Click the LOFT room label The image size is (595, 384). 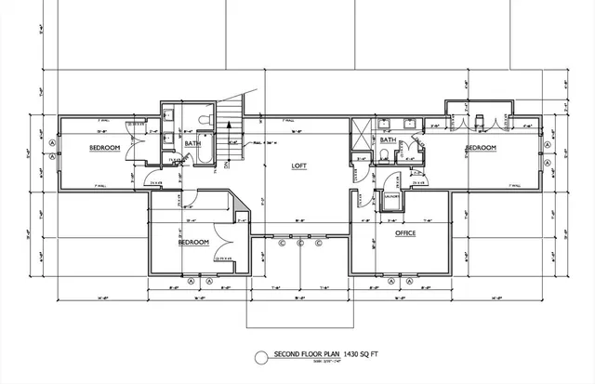(299, 166)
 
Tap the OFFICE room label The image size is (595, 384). (404, 233)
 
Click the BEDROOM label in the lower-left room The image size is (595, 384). (192, 242)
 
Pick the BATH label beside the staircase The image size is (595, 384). (192, 143)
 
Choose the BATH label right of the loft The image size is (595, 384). (388, 140)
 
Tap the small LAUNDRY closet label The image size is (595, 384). (391, 196)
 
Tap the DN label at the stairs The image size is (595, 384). (226, 164)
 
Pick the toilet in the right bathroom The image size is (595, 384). (385, 154)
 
